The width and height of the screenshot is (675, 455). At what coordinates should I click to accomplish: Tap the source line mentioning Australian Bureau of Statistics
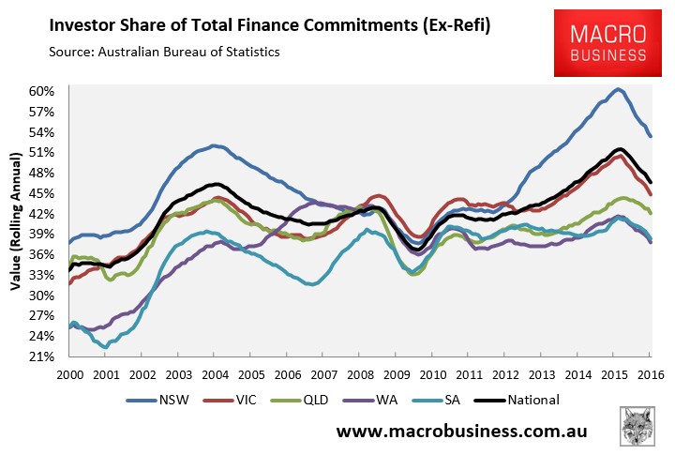coord(164,53)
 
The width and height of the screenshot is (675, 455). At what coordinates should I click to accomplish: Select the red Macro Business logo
coord(607,43)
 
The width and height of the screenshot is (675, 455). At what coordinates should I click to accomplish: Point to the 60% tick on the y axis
coord(41,91)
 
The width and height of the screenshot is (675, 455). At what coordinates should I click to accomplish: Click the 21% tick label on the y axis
coord(41,356)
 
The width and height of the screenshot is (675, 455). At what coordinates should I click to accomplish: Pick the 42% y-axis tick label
coord(41,214)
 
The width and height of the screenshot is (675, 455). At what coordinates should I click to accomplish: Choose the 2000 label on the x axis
coord(69,375)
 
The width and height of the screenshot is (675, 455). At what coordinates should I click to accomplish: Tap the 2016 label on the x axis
coord(651,375)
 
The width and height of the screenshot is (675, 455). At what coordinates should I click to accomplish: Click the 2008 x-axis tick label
coord(360,375)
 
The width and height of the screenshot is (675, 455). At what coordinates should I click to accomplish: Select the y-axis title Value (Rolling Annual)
coord(16,221)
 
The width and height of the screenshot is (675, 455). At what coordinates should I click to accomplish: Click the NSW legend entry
coord(158,400)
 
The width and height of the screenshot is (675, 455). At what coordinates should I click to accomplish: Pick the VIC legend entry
coord(230,400)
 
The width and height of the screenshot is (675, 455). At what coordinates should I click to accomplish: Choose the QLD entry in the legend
coord(300,400)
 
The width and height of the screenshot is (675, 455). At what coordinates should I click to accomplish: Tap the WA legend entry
coord(370,400)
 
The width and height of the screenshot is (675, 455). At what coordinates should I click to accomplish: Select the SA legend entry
coord(436,400)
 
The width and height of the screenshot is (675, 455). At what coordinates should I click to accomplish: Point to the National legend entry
coord(517,400)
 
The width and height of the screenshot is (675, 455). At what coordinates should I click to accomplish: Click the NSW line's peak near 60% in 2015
coord(618,89)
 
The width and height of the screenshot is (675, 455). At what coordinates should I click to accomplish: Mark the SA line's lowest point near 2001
coord(105,347)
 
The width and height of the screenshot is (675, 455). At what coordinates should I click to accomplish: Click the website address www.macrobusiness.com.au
coord(461,431)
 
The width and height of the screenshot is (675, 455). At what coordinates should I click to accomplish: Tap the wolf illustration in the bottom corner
coord(637,427)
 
